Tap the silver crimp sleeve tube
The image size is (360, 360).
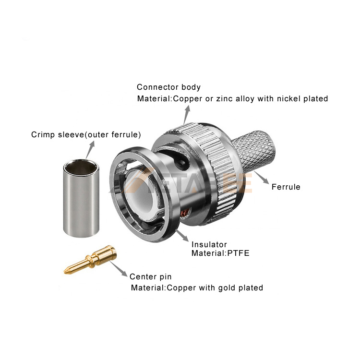tap(81, 198)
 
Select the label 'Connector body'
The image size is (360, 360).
tap(168, 87)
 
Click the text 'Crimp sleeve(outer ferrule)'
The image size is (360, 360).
tap(86, 134)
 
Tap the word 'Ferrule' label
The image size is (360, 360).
tap(286, 187)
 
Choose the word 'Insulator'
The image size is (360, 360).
tap(209, 244)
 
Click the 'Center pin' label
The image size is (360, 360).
tap(150, 276)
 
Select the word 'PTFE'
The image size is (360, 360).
tap(238, 253)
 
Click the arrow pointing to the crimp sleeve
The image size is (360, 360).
tap(90, 150)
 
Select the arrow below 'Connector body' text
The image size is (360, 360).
tap(187, 115)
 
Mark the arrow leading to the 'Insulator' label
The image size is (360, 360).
tap(182, 235)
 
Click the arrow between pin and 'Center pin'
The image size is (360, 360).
tap(119, 269)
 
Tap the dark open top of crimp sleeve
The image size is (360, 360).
tap(81, 168)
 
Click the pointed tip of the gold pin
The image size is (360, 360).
tap(64, 272)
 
